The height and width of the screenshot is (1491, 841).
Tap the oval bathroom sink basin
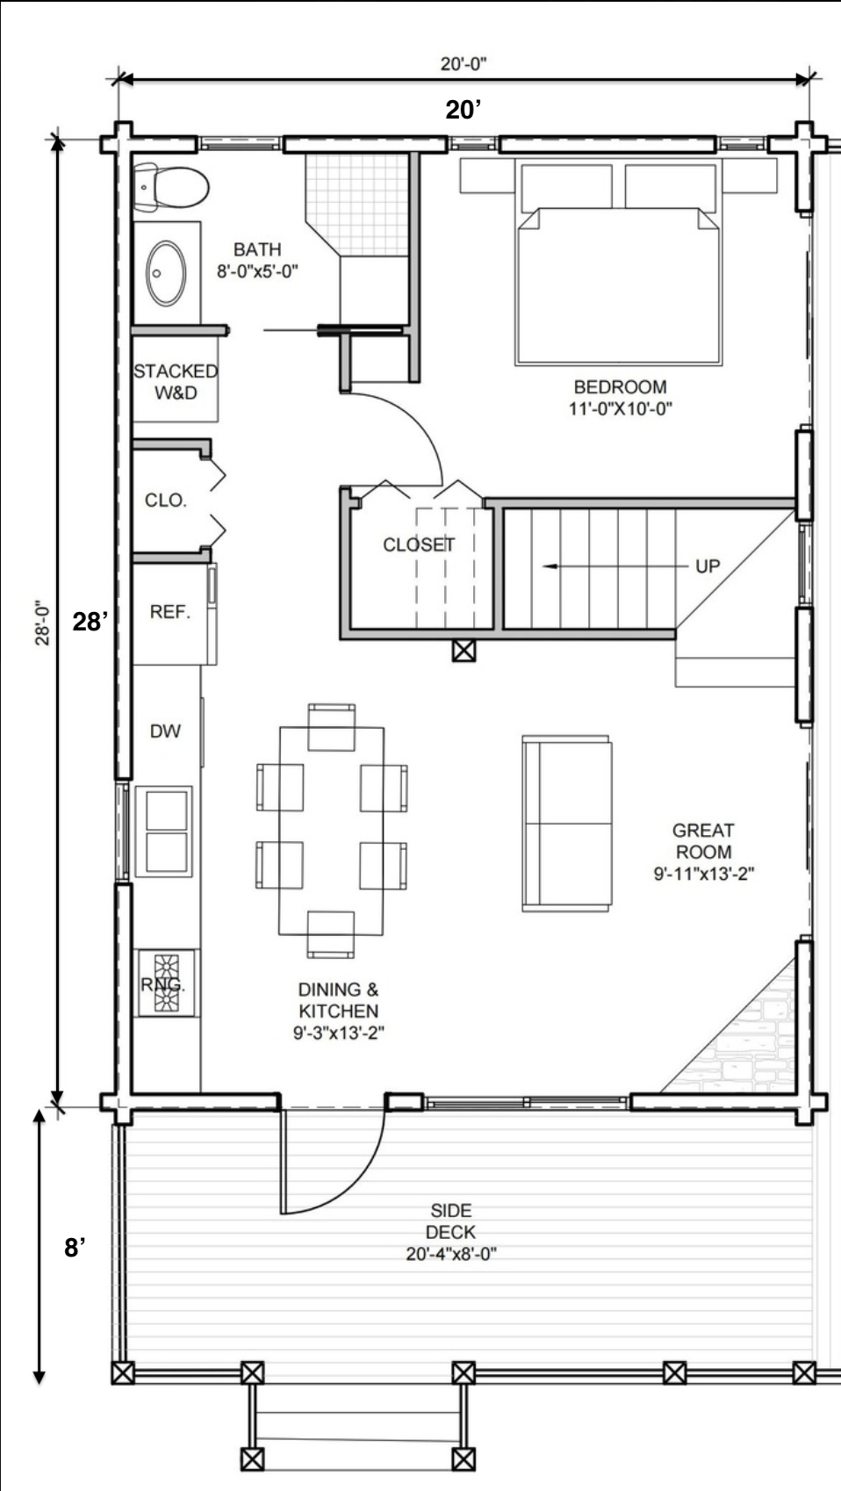pos(166,273)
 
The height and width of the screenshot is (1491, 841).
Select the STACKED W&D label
pos(176,381)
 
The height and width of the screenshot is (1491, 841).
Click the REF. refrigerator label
pos(169,612)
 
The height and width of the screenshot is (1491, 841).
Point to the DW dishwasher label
pos(165,731)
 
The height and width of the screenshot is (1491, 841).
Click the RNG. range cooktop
pos(166,983)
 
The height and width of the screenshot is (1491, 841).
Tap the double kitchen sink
pos(164,832)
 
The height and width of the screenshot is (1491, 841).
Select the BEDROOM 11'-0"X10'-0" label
pos(620,398)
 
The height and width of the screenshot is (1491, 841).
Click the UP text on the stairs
pos(708,565)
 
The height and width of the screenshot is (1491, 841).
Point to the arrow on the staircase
pos(615,566)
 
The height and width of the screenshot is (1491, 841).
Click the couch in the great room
pos(567,824)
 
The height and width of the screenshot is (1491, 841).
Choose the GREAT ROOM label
pos(703,840)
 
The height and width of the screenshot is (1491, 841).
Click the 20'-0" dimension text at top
pos(464,64)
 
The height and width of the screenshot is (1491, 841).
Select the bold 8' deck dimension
pos(75,1248)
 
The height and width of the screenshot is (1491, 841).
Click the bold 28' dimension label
pos(90,621)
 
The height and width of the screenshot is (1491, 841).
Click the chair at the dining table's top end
pos(331,726)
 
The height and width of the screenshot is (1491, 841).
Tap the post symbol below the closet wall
pos(464,651)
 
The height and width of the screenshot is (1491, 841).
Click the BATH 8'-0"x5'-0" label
pos(257,260)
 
